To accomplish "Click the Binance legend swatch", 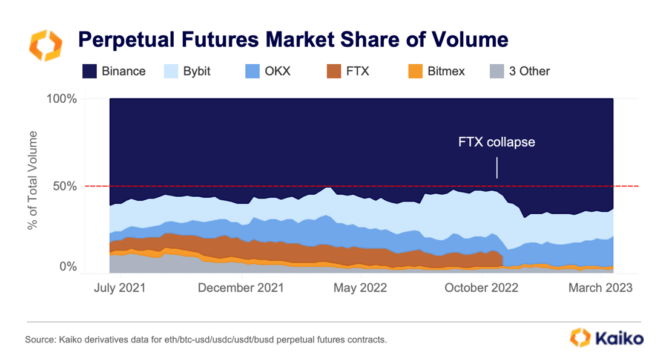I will coord(90,71).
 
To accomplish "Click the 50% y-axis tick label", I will coord(65,186).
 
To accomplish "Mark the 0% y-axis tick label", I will coord(68,267).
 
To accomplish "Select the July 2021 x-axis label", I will coord(120,287).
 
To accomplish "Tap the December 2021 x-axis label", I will coord(241,287).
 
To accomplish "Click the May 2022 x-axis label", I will coord(360,287).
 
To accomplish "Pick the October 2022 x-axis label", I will coord(481,287).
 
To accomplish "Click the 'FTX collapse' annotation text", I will coord(496,143).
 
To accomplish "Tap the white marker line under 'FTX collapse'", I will coord(497,168).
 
